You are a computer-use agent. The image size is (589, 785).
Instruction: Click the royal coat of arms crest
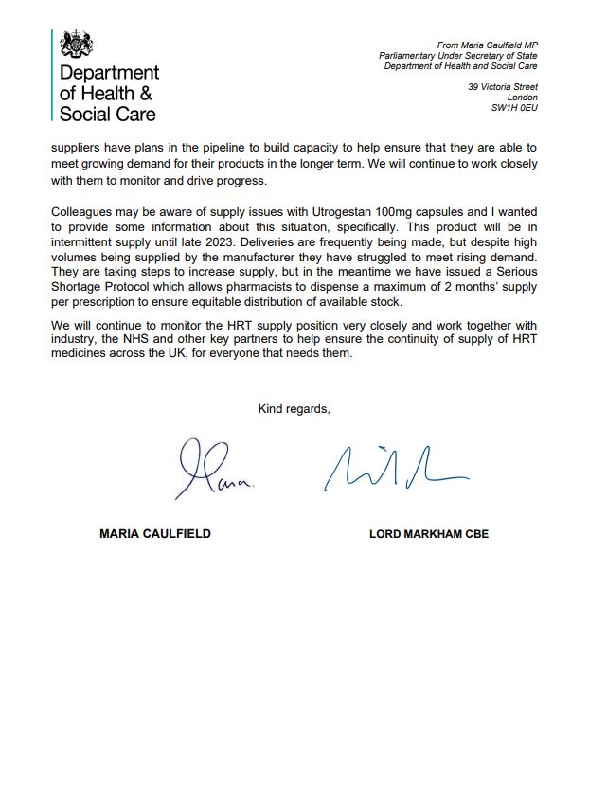pyautogui.click(x=78, y=44)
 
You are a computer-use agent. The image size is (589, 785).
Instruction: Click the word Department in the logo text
pyautogui.click(x=109, y=73)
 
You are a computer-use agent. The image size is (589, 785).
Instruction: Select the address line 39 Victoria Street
pyautogui.click(x=503, y=87)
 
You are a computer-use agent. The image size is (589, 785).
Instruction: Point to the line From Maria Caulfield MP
pyautogui.click(x=487, y=45)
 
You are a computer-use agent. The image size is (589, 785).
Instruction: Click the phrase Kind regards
pyautogui.click(x=294, y=409)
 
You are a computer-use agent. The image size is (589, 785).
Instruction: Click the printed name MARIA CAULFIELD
pyautogui.click(x=155, y=534)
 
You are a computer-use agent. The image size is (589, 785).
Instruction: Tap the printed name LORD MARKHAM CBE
pyautogui.click(x=429, y=534)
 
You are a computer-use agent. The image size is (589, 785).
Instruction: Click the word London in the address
pyautogui.click(x=523, y=98)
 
